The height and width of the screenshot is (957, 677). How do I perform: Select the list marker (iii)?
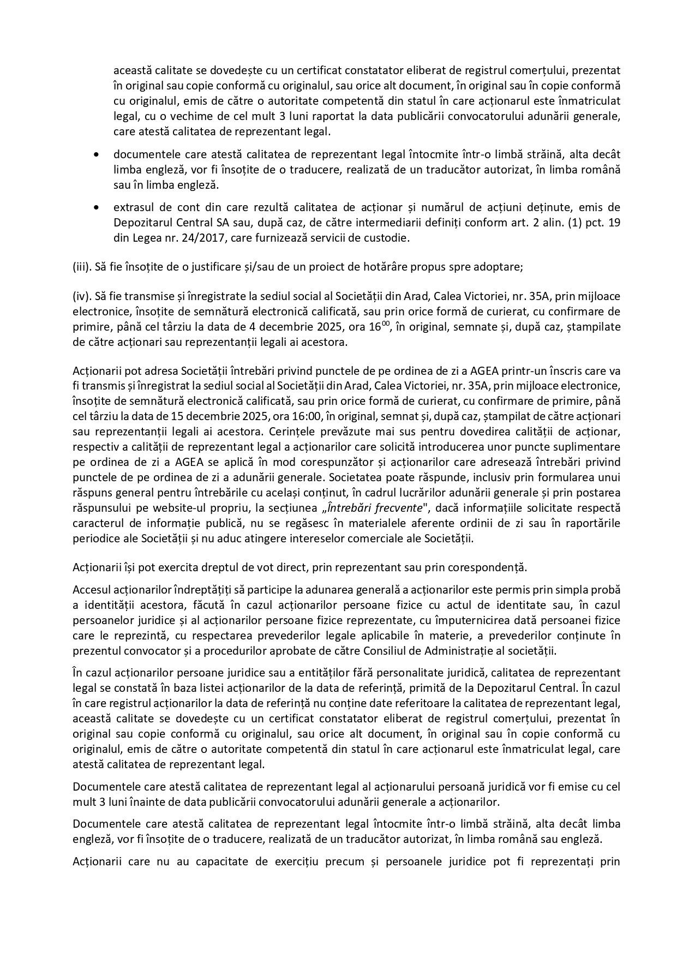pos(81,267)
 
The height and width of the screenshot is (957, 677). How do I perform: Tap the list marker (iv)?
pos(81,297)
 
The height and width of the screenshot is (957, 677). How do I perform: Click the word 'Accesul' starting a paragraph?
pos(91,590)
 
